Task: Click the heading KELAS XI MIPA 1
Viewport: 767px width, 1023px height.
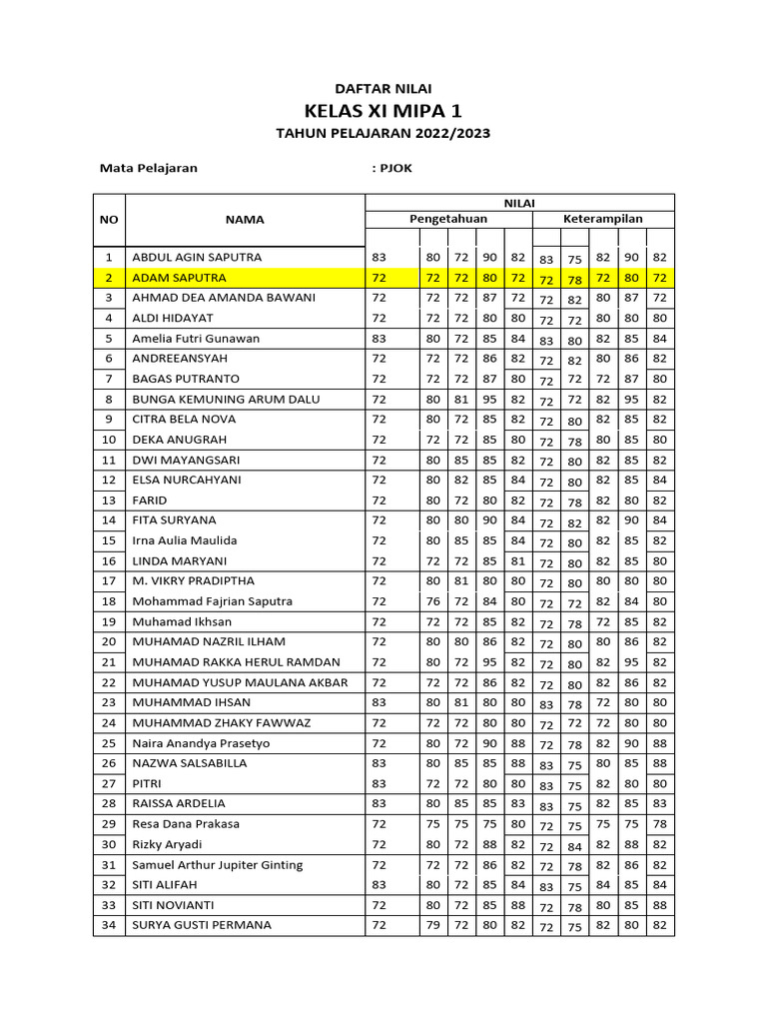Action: tap(383, 110)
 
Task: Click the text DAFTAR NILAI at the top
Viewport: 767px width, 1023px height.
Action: tap(383, 89)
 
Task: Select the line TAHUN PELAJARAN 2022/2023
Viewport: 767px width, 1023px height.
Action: tap(383, 133)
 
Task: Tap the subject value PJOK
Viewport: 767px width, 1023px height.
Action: tap(395, 168)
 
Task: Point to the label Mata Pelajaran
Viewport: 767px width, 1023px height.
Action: tap(148, 168)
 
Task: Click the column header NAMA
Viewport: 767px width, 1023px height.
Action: tap(244, 219)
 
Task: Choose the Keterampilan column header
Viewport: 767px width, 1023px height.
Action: tap(602, 219)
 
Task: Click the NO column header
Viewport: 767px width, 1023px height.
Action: tap(109, 219)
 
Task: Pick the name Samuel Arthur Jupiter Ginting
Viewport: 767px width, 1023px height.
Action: tap(217, 865)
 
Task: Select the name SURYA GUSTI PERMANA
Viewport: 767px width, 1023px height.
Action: tap(201, 925)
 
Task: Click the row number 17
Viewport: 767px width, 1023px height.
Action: tap(109, 580)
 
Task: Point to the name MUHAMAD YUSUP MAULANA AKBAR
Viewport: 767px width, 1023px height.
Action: tap(240, 682)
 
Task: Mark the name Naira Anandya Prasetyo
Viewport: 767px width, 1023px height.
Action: tap(201, 743)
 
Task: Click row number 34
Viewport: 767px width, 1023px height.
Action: tap(109, 925)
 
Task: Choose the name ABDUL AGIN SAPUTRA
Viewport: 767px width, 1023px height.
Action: tap(197, 258)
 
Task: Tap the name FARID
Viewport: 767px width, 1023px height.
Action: tap(150, 501)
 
